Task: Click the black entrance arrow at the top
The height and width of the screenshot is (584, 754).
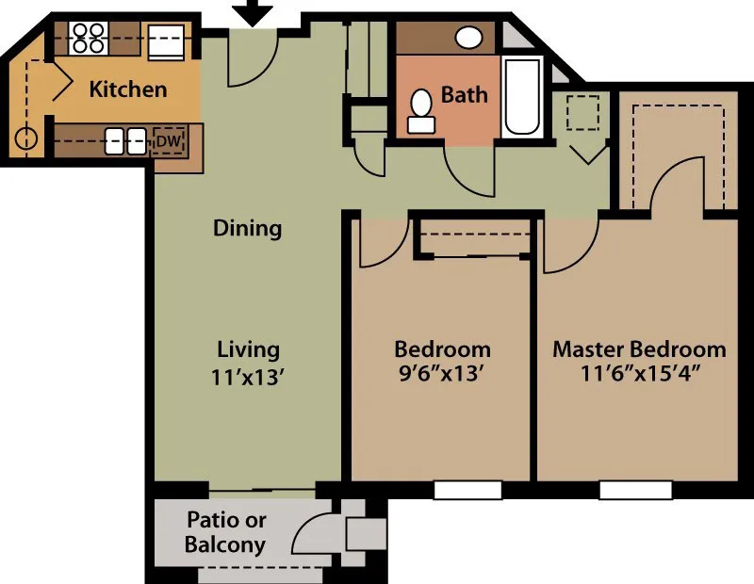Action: click(252, 13)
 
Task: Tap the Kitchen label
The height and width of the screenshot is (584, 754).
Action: click(128, 89)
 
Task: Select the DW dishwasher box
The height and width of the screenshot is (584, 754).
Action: click(168, 140)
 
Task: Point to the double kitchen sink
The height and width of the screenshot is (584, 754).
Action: click(125, 141)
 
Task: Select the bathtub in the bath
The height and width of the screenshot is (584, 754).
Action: click(521, 97)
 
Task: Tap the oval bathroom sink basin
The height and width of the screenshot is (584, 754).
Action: click(468, 38)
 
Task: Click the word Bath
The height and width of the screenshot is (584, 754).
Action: click(464, 94)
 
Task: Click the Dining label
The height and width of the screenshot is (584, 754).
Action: click(247, 228)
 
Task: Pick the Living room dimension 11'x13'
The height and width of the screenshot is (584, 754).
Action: click(249, 375)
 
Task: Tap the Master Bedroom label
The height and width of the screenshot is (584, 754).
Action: click(639, 349)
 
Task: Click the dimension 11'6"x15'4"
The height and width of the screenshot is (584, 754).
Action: click(639, 373)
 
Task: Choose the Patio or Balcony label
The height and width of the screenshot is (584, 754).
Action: click(225, 532)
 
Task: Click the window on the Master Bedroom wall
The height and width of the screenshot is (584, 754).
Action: click(635, 490)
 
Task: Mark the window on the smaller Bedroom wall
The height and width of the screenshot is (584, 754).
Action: click(468, 490)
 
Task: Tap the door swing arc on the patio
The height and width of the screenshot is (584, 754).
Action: click(306, 532)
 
